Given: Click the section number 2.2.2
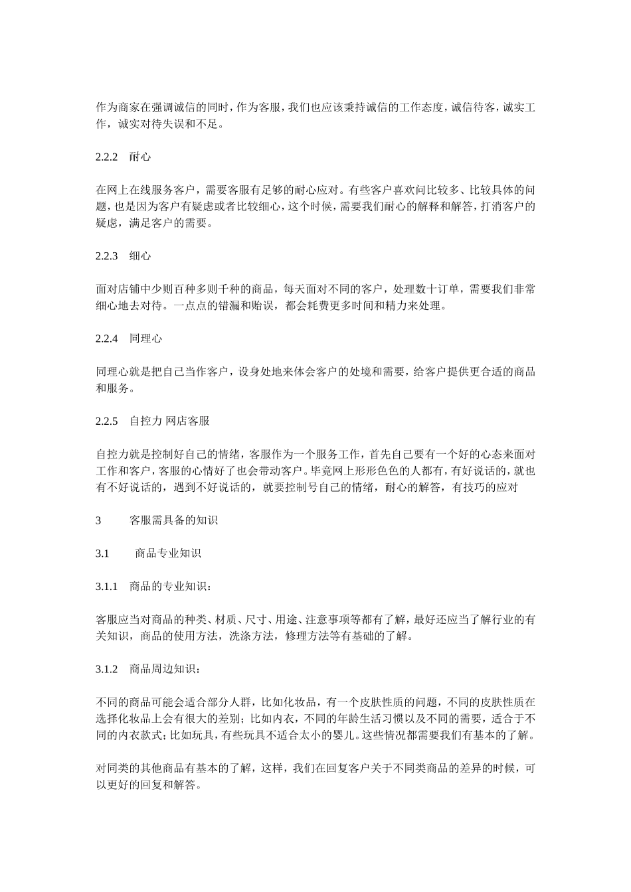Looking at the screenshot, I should (x=106, y=157).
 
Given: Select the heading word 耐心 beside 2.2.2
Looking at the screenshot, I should (x=140, y=157).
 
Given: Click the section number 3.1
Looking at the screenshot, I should (x=102, y=554).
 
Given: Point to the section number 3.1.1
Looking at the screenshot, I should (x=106, y=587).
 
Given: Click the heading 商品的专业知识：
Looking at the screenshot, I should (x=171, y=587).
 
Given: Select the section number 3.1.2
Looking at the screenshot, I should (x=106, y=670).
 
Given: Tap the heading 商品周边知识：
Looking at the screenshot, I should (x=165, y=670).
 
